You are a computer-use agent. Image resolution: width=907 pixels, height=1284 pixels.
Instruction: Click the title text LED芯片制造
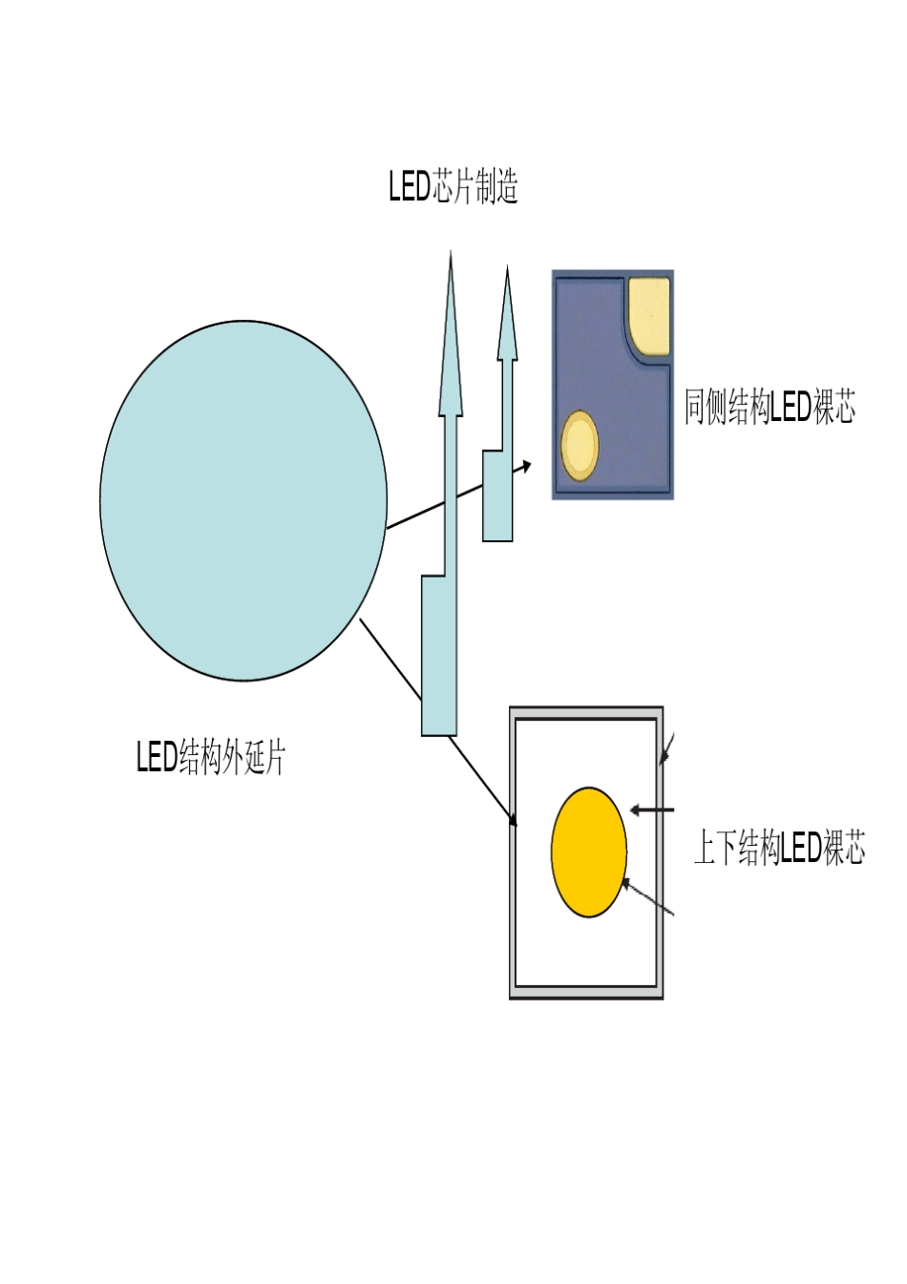(453, 186)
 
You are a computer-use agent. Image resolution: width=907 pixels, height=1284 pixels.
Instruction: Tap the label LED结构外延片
(210, 757)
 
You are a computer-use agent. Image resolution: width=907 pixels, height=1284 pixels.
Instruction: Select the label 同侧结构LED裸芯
(770, 407)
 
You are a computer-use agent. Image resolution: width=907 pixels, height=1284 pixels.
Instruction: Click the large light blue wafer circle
(243, 500)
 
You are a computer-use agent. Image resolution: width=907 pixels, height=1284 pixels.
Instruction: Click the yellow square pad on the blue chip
(649, 316)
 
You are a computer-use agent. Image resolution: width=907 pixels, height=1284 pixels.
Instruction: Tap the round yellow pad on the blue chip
(580, 446)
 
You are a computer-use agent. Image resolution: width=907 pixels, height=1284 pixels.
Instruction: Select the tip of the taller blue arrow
(451, 251)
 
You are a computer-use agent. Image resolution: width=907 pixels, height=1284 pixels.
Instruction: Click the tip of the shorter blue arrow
(507, 266)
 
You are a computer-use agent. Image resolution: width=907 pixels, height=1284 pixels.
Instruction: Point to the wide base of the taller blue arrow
(439, 655)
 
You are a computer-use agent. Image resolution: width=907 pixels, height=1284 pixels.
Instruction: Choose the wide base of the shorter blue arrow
(497, 495)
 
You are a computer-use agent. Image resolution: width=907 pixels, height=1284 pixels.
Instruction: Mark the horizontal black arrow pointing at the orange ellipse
(651, 810)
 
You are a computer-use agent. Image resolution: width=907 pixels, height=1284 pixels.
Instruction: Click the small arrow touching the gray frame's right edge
(666, 748)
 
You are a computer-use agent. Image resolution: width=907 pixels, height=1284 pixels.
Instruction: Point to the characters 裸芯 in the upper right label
(834, 407)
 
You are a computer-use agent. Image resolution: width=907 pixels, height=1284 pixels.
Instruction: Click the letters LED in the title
(410, 186)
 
